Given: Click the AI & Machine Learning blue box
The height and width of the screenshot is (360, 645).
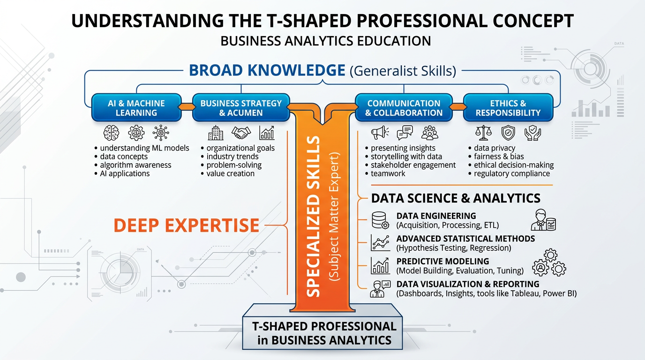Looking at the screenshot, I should click(x=136, y=108).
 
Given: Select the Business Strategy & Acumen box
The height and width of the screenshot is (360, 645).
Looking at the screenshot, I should click(x=241, y=108).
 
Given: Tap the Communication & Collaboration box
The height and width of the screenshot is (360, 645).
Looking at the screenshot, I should click(x=404, y=108).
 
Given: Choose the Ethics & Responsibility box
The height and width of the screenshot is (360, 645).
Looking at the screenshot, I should click(x=508, y=108).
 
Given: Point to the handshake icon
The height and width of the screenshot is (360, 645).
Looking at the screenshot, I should click(x=241, y=133).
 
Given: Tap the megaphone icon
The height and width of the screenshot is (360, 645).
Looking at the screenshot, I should click(x=378, y=133).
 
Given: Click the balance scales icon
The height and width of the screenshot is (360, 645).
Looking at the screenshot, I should click(x=482, y=133).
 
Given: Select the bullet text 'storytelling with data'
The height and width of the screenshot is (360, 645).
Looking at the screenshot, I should click(x=406, y=157).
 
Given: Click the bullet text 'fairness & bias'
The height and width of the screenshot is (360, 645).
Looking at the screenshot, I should click(x=499, y=157).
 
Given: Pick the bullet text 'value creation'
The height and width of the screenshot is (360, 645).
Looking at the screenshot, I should click(x=231, y=173).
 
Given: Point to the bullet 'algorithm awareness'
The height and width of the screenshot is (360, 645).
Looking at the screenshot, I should click(x=135, y=165).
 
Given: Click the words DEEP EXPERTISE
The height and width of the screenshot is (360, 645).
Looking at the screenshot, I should click(x=186, y=225).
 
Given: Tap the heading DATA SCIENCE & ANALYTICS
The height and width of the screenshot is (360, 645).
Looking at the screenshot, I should click(x=456, y=198).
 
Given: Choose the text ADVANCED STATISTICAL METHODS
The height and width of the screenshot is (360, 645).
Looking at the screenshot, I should click(x=465, y=239).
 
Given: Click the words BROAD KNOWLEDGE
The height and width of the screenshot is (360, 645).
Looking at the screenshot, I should click(x=267, y=70).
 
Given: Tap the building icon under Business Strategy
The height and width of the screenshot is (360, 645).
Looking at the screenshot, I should click(x=216, y=133).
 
